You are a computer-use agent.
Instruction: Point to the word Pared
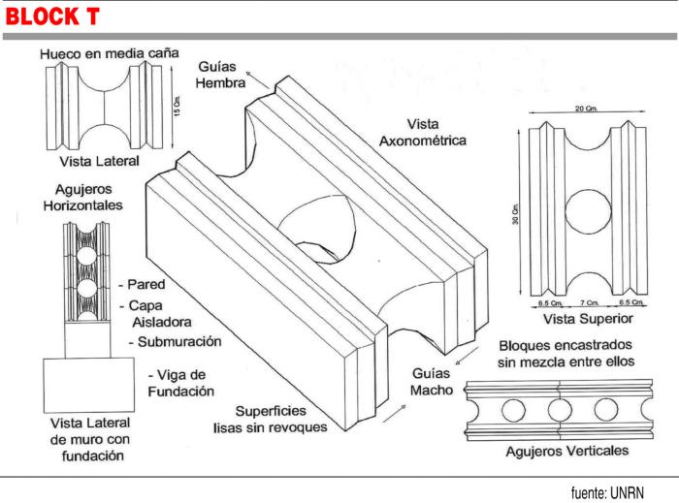pos(146,286)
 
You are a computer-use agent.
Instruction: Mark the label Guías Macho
pos(427,380)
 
